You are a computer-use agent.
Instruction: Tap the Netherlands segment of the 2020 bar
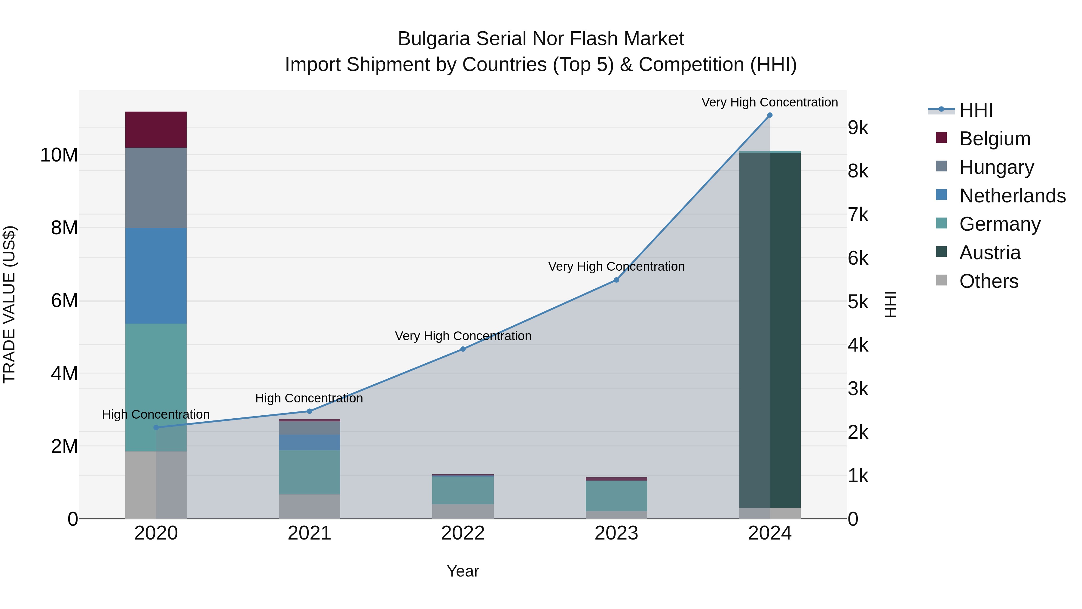[156, 276]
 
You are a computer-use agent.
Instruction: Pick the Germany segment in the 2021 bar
[309, 472]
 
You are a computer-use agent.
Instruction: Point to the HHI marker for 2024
[769, 115]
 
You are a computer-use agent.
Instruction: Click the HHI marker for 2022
[463, 349]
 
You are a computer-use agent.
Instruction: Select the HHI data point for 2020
[156, 427]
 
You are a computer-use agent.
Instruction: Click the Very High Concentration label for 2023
[616, 266]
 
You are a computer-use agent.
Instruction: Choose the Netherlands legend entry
[1012, 196]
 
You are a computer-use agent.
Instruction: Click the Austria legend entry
[990, 253]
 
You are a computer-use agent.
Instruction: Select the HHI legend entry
[976, 110]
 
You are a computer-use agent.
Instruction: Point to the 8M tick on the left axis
[64, 228]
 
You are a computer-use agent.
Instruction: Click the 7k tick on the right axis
[858, 215]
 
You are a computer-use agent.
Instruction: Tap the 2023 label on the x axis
[616, 533]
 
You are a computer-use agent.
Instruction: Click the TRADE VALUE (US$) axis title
[9, 304]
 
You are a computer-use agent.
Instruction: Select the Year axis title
[463, 571]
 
